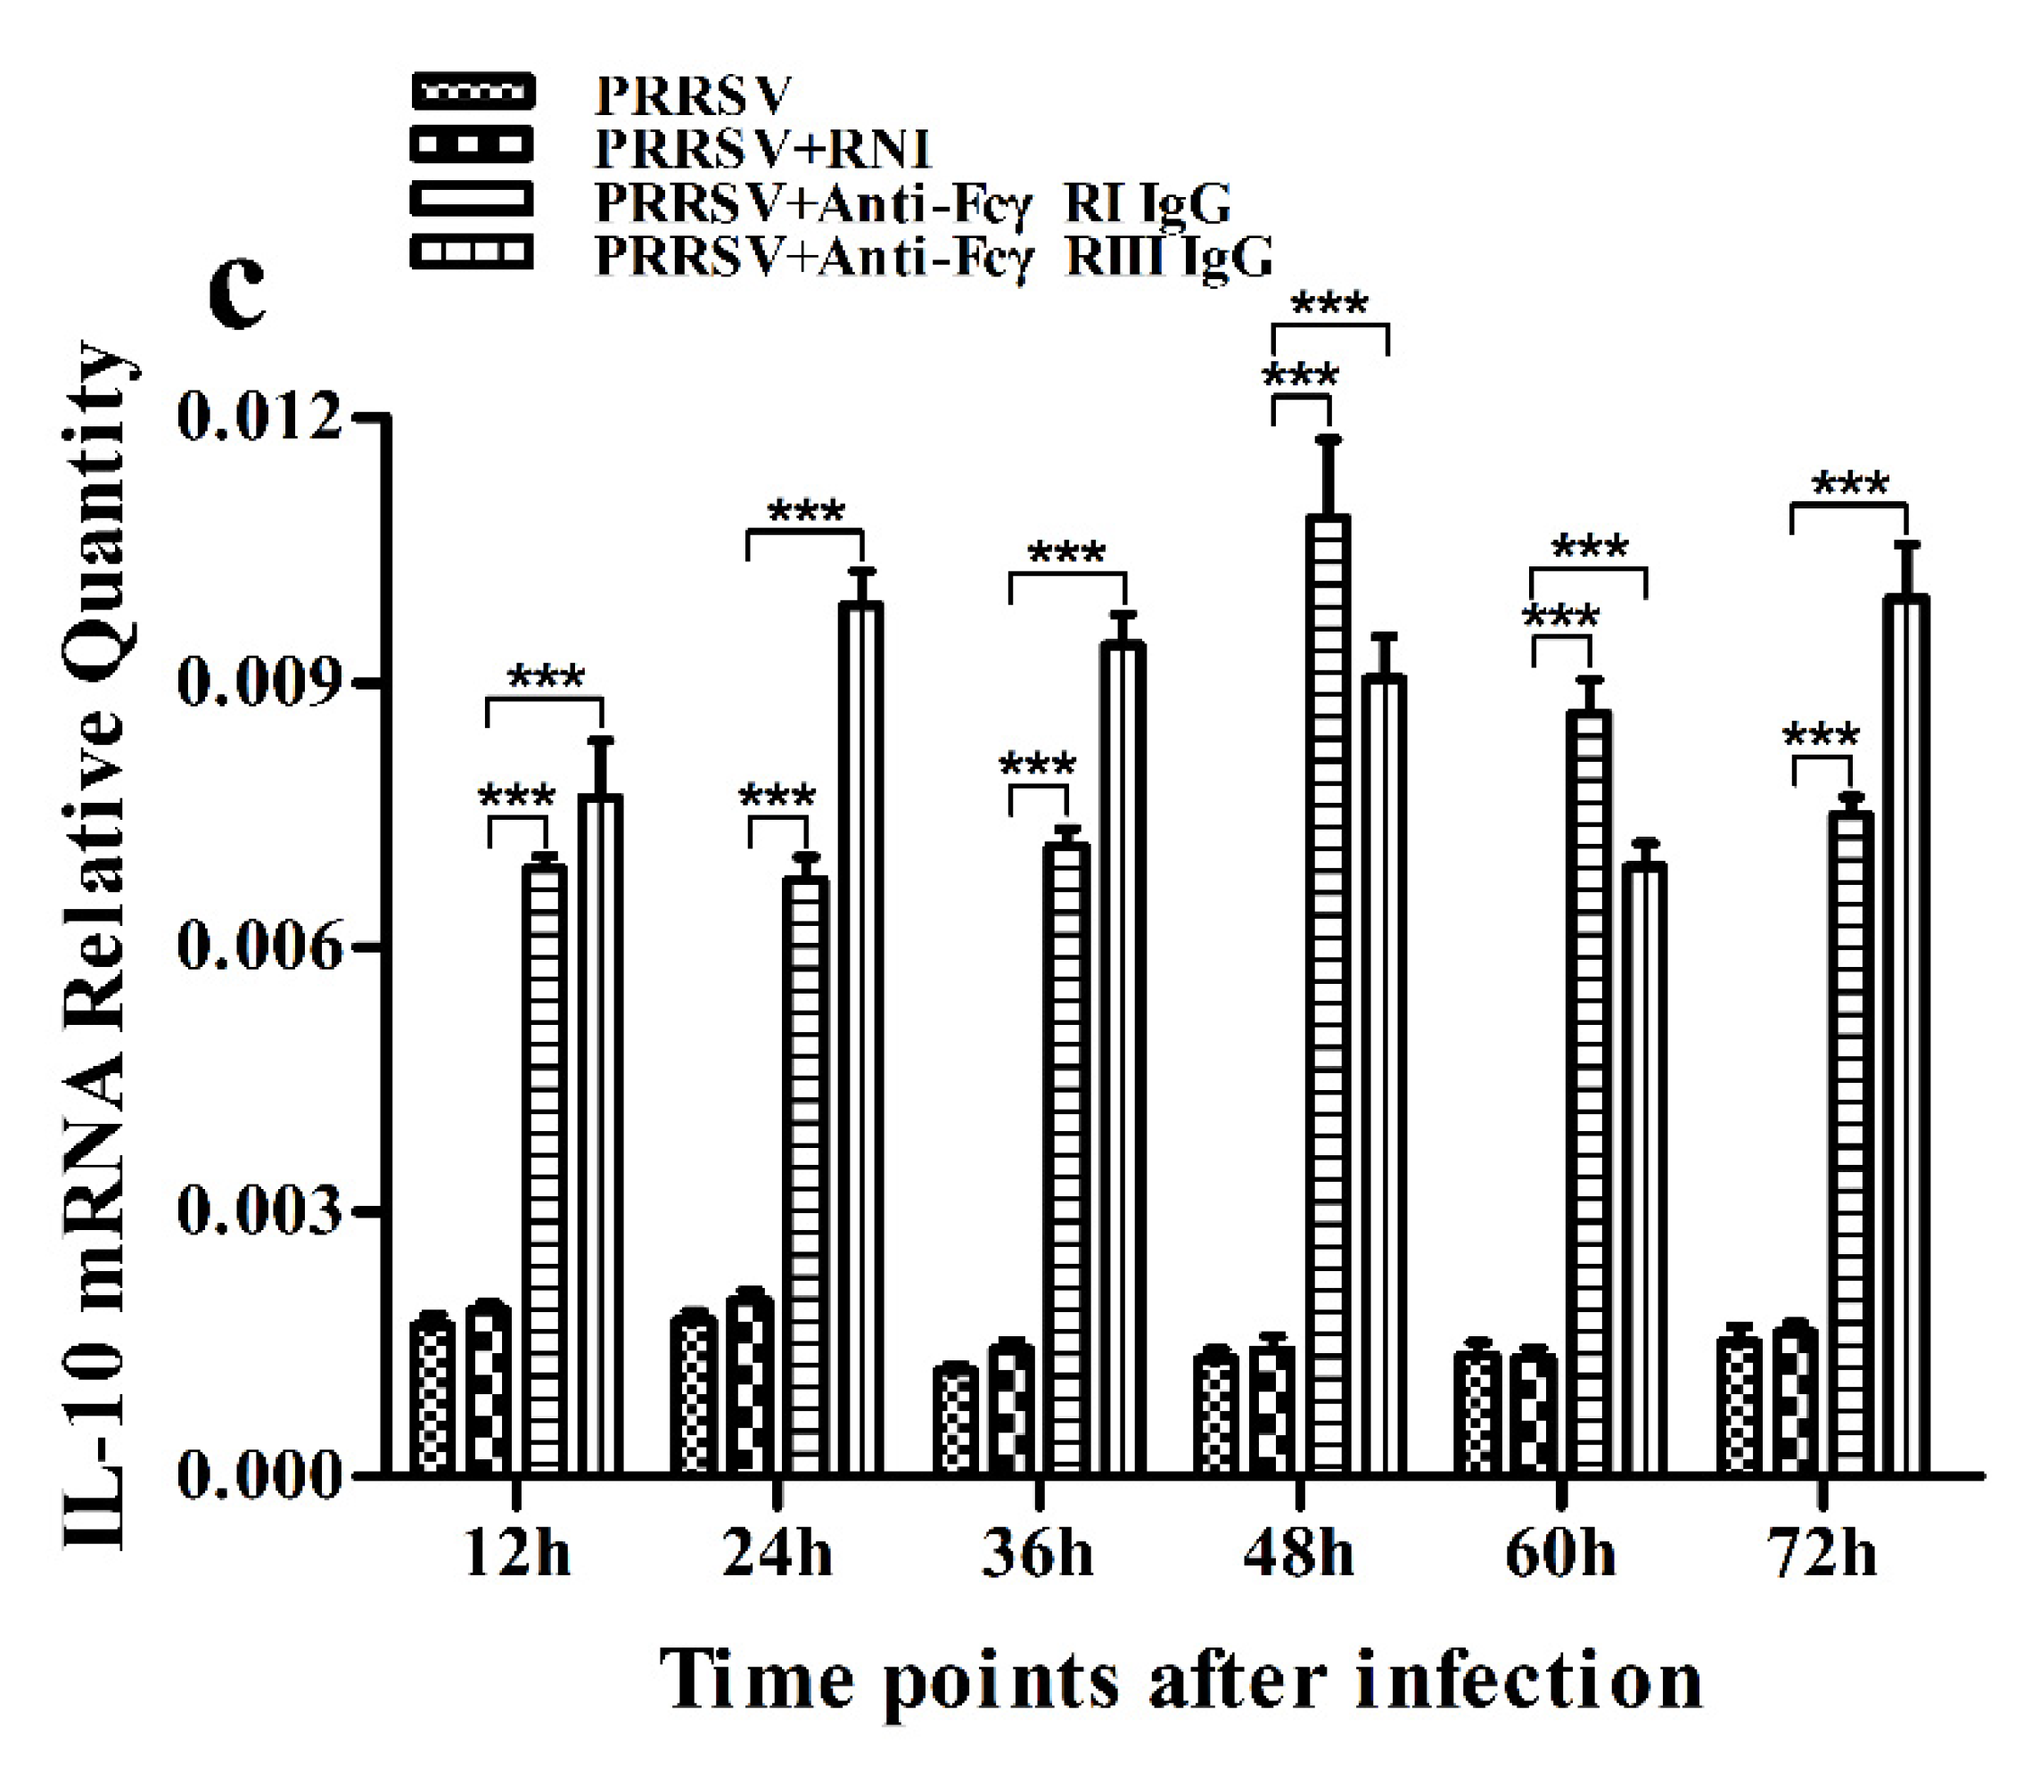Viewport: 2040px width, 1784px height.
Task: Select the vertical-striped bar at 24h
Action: point(860,1036)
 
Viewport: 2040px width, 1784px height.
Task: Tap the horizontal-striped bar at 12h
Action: point(545,1165)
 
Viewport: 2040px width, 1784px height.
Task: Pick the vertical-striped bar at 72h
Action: point(1905,1036)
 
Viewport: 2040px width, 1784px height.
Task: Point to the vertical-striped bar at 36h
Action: point(1122,1055)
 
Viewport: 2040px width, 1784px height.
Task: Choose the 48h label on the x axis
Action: point(1299,1554)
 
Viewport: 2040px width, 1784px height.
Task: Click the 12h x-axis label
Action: point(517,1554)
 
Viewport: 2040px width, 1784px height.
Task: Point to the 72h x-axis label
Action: point(1823,1554)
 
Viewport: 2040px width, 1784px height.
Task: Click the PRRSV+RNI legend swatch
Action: point(472,145)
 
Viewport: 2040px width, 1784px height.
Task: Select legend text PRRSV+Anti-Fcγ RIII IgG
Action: point(933,256)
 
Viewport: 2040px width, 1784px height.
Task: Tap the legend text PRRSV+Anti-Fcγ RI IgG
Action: point(911,202)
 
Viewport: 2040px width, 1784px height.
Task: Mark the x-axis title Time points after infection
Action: point(1182,1680)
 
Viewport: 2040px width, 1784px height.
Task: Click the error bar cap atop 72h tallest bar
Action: point(1905,543)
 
